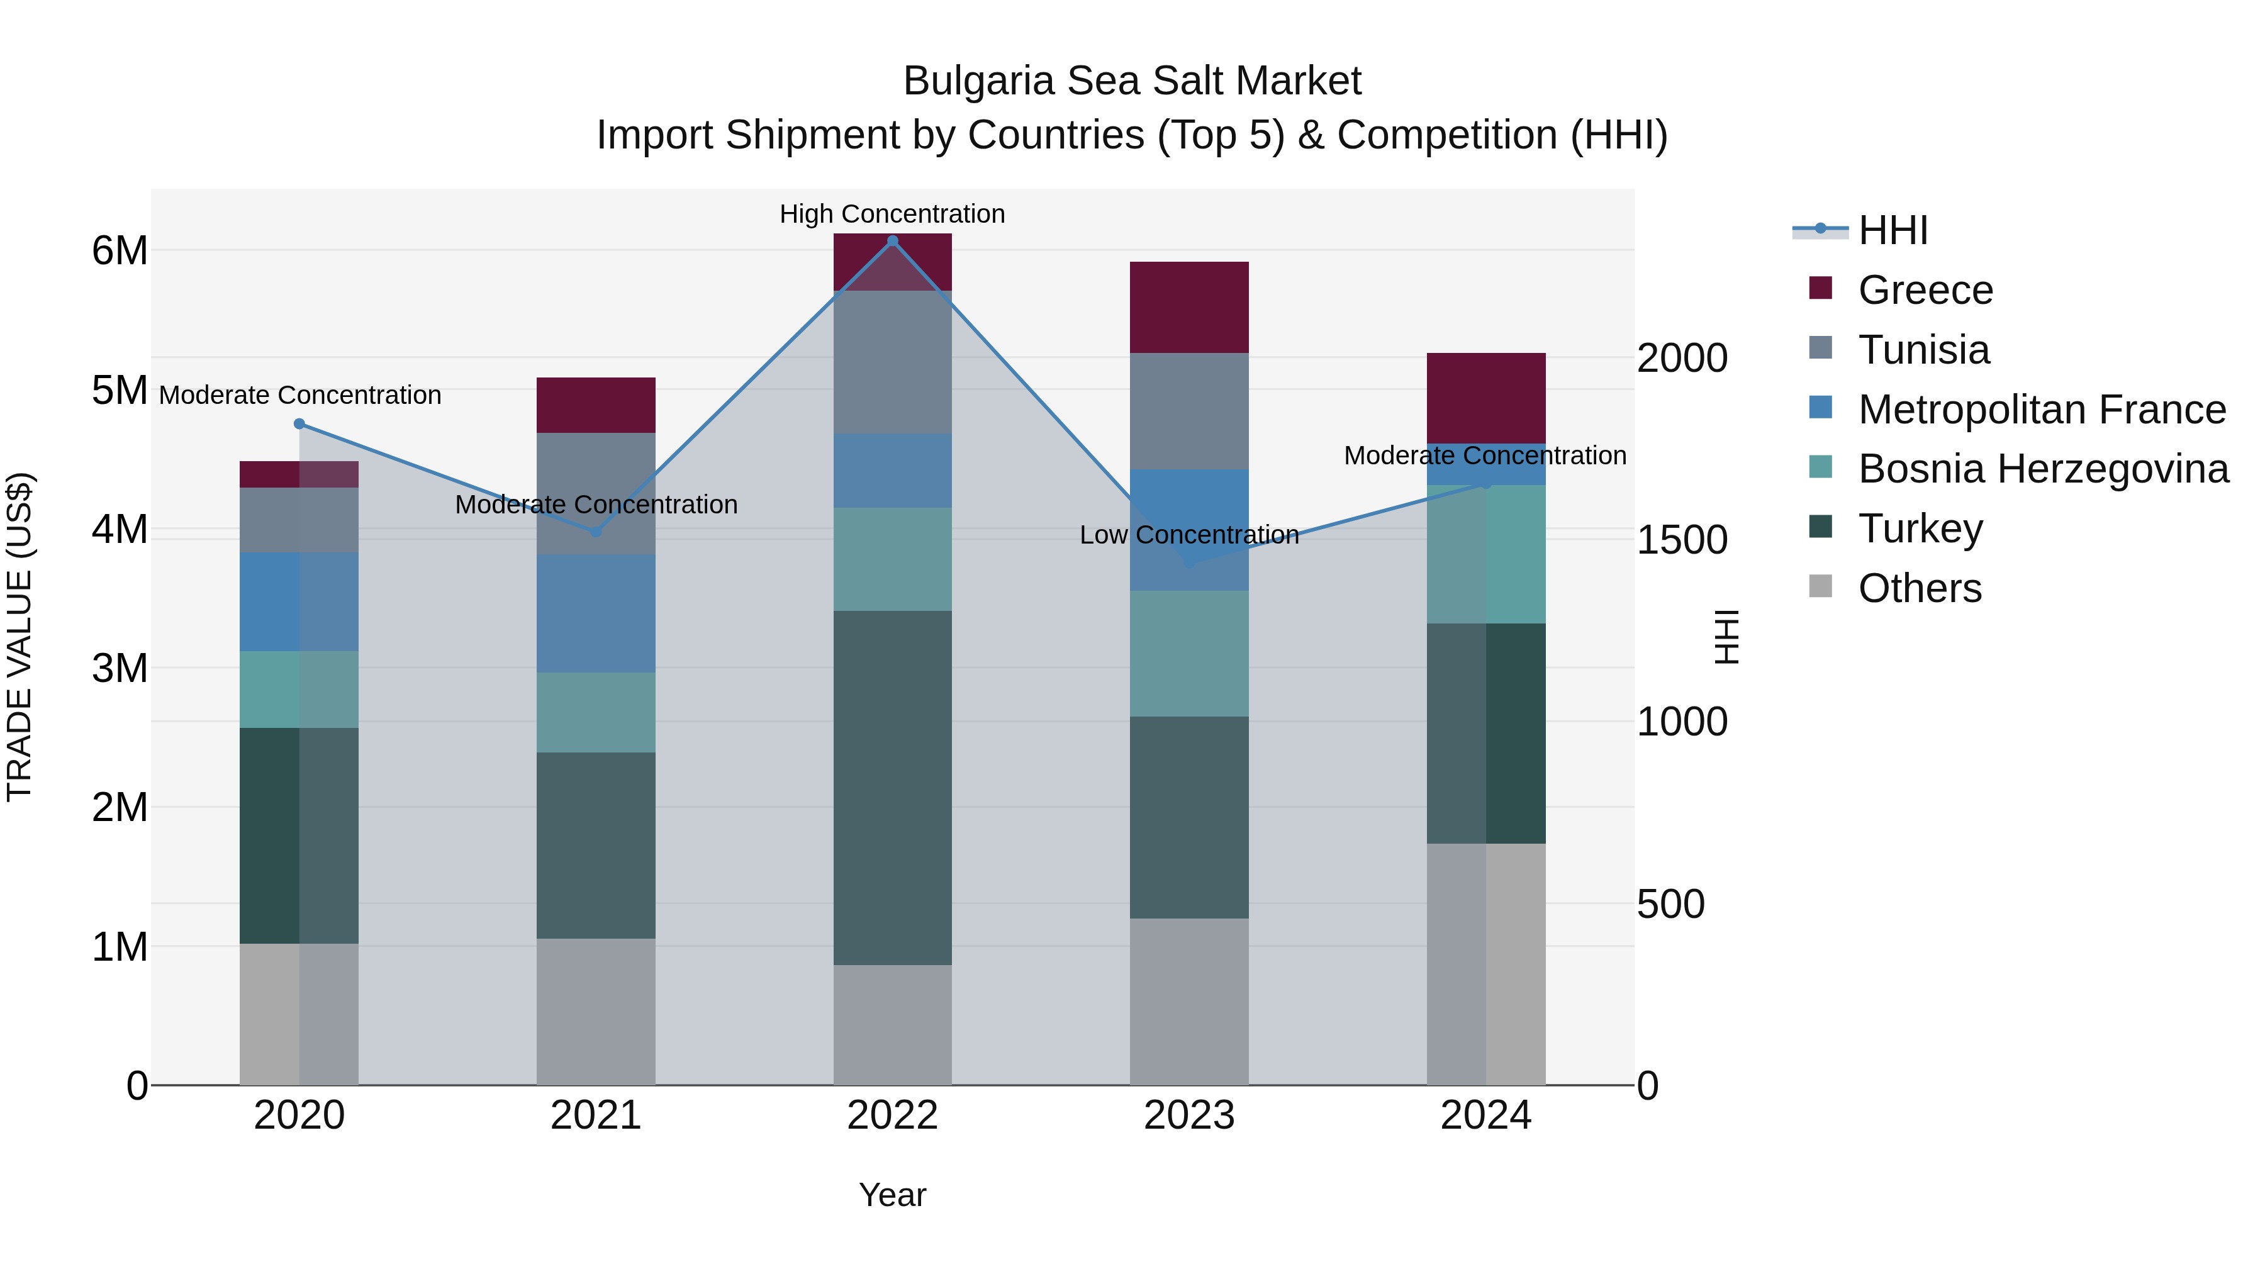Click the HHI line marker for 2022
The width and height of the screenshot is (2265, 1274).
point(892,241)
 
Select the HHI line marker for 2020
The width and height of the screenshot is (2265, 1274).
point(299,424)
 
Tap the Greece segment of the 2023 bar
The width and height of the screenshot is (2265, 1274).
point(1188,308)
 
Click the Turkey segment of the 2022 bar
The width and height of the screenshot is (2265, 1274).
point(892,788)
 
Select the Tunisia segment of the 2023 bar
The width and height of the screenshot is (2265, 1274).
point(1188,411)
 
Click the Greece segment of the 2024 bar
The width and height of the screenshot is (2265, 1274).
point(1486,398)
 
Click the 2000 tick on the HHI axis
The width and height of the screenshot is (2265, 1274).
point(1682,358)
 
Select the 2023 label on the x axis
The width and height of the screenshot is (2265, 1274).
point(1188,1115)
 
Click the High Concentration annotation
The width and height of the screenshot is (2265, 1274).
point(892,214)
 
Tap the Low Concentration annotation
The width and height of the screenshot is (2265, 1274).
point(1188,535)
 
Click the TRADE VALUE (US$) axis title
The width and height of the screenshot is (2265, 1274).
point(20,637)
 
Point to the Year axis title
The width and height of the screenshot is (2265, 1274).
point(892,1195)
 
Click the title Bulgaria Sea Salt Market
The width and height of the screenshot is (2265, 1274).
point(1132,81)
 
